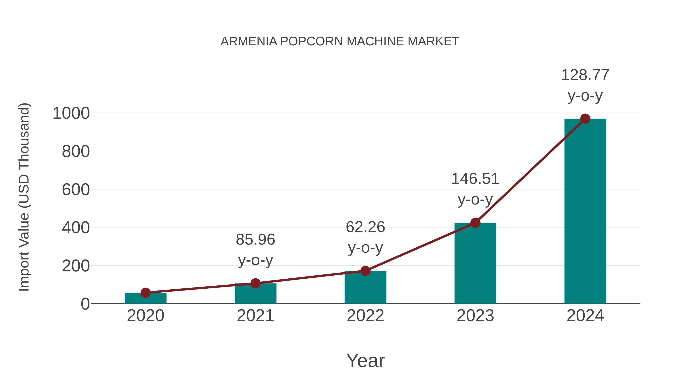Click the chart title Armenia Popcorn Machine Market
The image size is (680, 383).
[340, 41]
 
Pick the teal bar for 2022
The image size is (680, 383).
[365, 288]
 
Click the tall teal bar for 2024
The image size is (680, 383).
[585, 211]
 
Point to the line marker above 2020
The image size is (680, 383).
[145, 293]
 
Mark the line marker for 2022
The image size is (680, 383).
[365, 271]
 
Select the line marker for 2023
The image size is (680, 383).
[475, 223]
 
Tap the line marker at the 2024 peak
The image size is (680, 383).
[585, 119]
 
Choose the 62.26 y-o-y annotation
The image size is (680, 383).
[365, 237]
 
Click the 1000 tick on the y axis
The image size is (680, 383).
[71, 113]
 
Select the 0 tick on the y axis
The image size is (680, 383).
[85, 304]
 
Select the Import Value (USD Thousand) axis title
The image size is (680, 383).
[24, 197]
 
